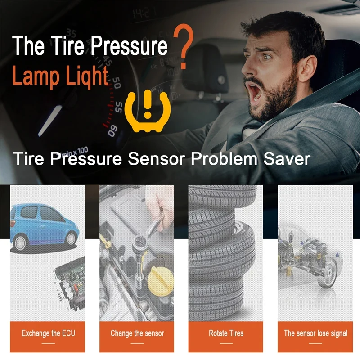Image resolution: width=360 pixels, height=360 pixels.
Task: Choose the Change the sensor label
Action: [x=137, y=333]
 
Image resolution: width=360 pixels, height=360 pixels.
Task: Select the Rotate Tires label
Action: [x=226, y=333]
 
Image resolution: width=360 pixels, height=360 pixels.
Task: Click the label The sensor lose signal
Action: [x=315, y=333]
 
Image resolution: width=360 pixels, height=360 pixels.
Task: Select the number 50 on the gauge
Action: [x=117, y=83]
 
